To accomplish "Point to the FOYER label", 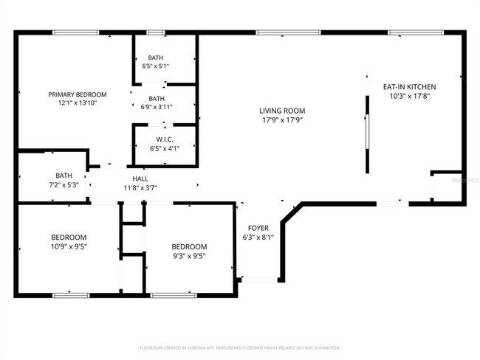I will coord(258,228).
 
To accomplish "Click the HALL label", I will coord(140,179).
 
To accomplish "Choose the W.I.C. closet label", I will coord(165,139).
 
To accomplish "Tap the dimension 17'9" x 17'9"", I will coord(283,120).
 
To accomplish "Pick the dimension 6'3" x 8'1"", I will coord(258,238).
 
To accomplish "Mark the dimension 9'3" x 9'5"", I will coord(189,256).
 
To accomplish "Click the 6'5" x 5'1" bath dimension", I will coord(156,66).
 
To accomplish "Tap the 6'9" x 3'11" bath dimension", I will coord(156,108).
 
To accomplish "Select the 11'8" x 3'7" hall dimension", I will coord(140,188).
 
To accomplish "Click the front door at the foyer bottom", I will coord(260,280).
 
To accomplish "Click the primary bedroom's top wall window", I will coord(75,32).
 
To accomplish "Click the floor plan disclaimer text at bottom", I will coord(239,347).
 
